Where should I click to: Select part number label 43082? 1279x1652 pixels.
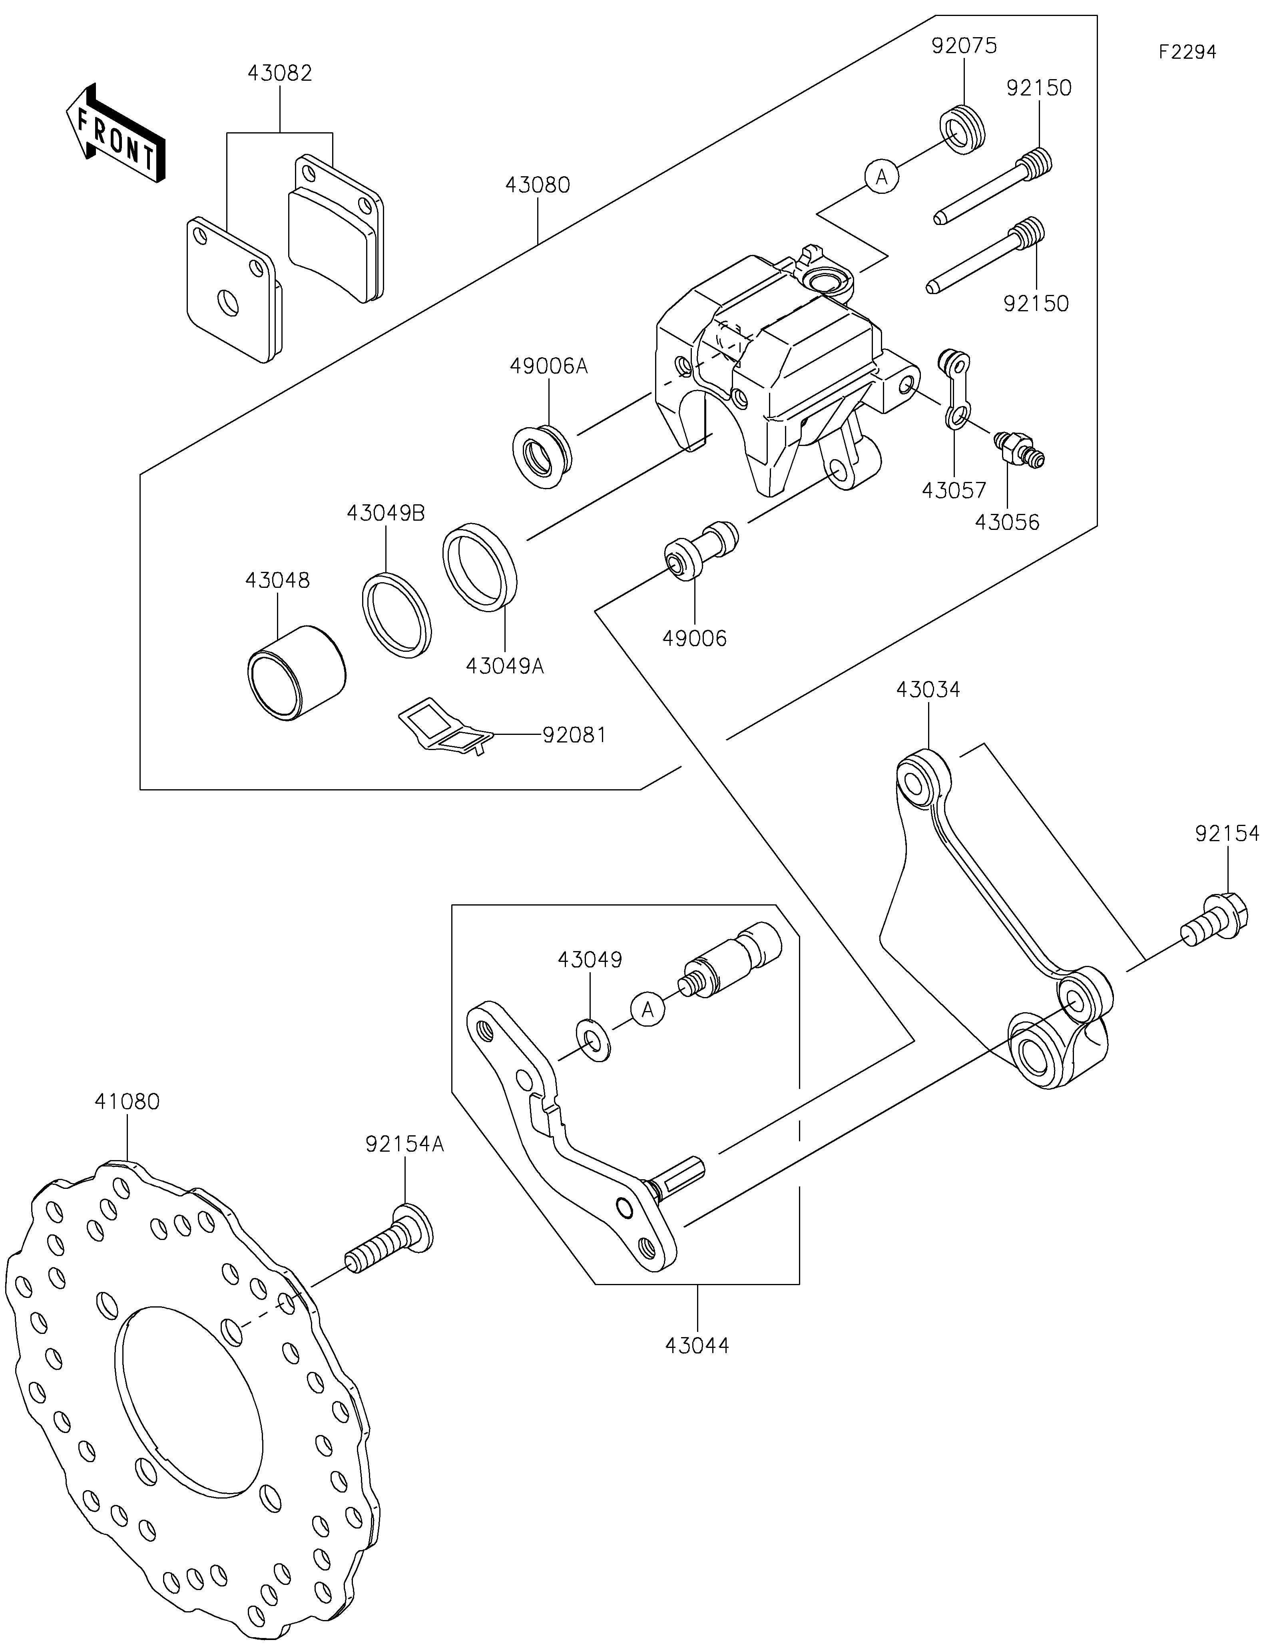pyautogui.click(x=280, y=74)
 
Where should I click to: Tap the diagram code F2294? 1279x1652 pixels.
pyautogui.click(x=1187, y=52)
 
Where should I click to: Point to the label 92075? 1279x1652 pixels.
pyautogui.click(x=964, y=46)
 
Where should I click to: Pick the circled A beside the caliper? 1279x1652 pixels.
pyautogui.click(x=882, y=177)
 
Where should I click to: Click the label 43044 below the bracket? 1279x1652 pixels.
pyautogui.click(x=697, y=1345)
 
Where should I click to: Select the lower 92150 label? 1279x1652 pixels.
pyautogui.click(x=1036, y=303)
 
